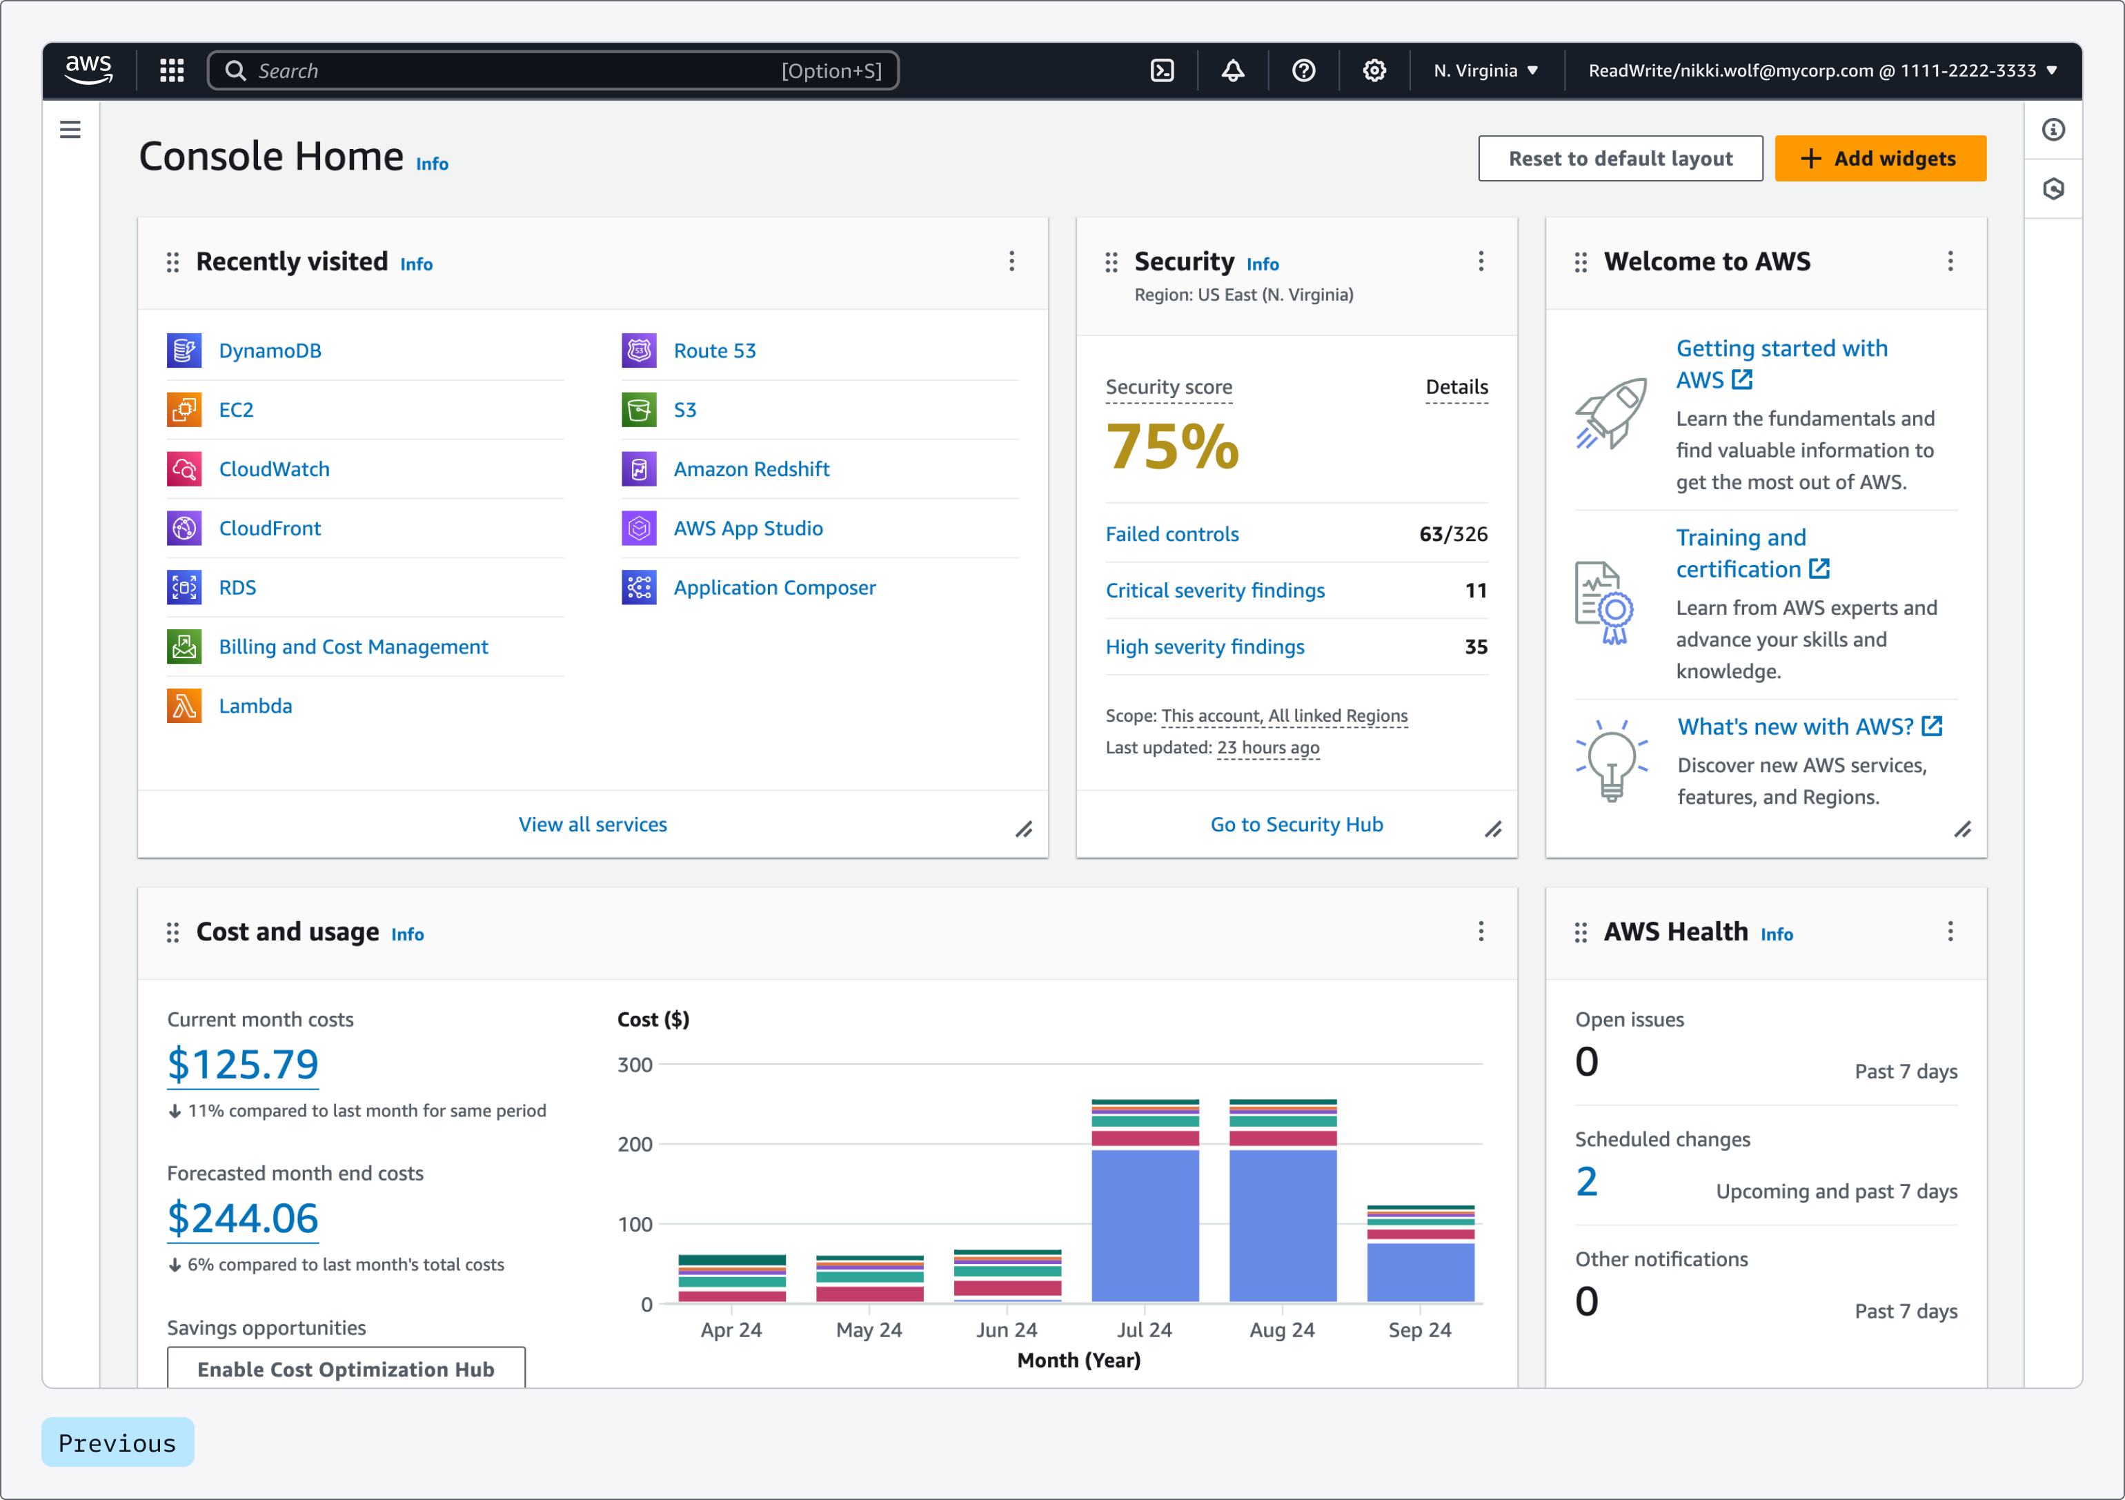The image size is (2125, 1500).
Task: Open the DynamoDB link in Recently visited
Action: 269,351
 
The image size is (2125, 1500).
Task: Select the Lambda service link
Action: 255,706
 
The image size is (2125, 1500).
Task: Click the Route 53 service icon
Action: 639,351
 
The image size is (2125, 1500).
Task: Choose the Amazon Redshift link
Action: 751,469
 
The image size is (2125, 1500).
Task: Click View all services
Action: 593,825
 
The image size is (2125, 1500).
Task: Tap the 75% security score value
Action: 1172,447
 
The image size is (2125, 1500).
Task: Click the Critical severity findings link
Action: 1214,591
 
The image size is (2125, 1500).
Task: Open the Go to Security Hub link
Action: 1296,825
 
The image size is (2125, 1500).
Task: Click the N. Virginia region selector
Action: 1485,70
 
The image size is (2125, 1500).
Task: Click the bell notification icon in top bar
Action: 1232,70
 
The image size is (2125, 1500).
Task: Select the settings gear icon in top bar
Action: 1374,70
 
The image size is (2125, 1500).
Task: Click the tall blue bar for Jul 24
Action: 1144,1225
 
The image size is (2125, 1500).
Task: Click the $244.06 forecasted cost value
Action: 242,1218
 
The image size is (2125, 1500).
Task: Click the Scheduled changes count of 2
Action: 1585,1183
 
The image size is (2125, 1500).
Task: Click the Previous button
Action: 117,1443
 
